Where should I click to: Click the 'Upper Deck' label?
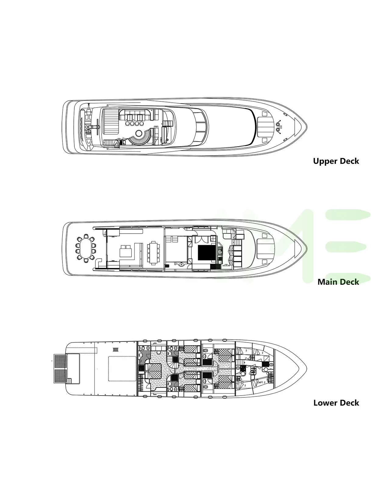click(x=336, y=161)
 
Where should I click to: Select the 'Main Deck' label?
click(x=338, y=282)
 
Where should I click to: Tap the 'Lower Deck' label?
click(x=336, y=403)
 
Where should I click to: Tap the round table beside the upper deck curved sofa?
click(x=139, y=133)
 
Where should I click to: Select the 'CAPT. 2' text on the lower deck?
click(x=261, y=382)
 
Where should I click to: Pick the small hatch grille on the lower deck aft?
click(x=116, y=350)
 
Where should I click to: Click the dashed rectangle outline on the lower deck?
click(x=122, y=369)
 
